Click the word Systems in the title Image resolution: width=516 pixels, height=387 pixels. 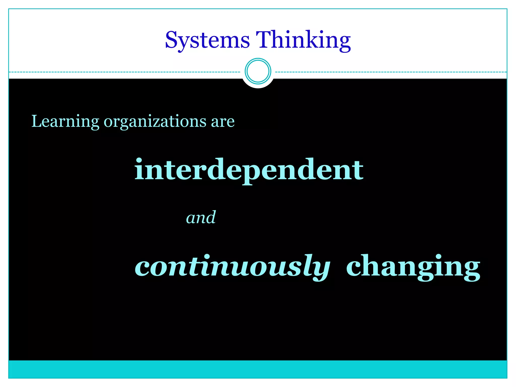pyautogui.click(x=207, y=40)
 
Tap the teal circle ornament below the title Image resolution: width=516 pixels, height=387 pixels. pyautogui.click(x=258, y=71)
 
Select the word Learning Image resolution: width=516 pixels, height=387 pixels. pyautogui.click(x=65, y=122)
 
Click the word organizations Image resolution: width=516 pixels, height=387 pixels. pyautogui.click(x=155, y=122)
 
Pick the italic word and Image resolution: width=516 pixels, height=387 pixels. pyautogui.click(x=201, y=217)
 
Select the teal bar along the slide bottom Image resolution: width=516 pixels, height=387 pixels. pyautogui.click(x=258, y=369)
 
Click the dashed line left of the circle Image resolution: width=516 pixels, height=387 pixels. pyautogui.click(x=126, y=72)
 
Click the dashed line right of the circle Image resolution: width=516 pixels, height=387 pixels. pyautogui.click(x=391, y=72)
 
